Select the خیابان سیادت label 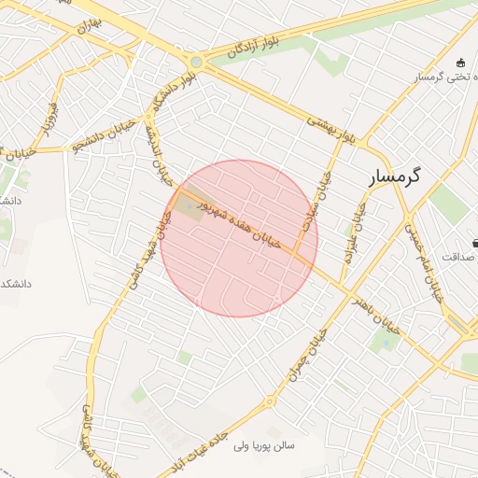(x=324, y=195)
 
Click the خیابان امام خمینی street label (x=422, y=260)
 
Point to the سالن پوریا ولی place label (x=262, y=447)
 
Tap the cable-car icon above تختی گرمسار (x=460, y=63)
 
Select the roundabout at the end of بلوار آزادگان (x=196, y=63)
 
